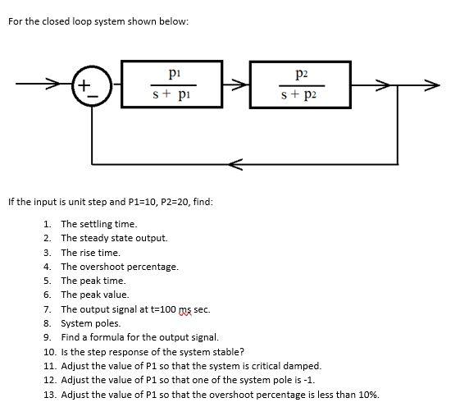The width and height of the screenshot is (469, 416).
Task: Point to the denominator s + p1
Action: [172, 95]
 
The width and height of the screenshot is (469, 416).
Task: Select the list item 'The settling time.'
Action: [99, 223]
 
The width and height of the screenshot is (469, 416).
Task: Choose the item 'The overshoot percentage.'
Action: [119, 266]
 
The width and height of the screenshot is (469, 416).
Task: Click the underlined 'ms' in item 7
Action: [195, 309]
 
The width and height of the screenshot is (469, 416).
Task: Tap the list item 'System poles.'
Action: [90, 323]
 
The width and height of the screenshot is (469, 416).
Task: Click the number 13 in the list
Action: [48, 394]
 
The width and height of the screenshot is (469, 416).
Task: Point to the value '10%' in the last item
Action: [369, 394]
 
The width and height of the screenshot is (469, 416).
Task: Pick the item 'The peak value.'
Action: [94, 295]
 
